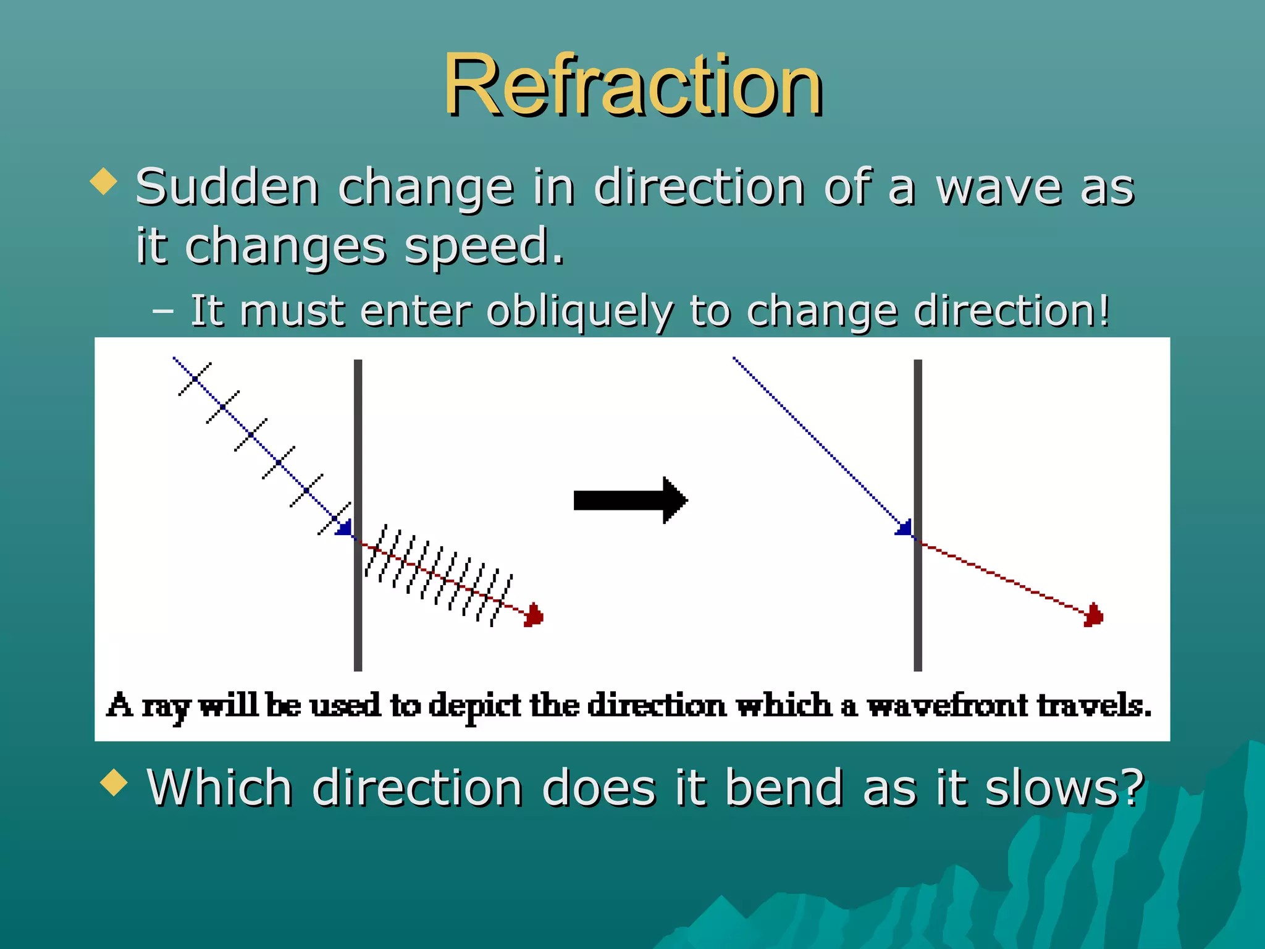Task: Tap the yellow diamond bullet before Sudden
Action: [x=103, y=183]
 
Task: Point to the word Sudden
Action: [x=227, y=187]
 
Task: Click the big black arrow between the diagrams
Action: [x=630, y=500]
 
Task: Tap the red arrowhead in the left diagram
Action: [x=534, y=615]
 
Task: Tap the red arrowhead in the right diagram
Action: [x=1094, y=615]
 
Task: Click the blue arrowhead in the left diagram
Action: [x=345, y=528]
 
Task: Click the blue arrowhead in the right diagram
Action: [x=905, y=528]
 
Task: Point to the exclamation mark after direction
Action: [x=1104, y=310]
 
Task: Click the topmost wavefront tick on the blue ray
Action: [x=195, y=379]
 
